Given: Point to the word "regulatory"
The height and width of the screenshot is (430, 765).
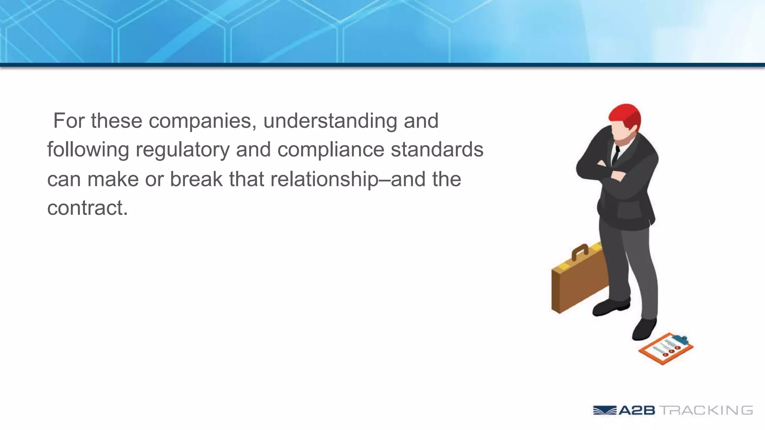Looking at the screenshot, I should click(182, 150).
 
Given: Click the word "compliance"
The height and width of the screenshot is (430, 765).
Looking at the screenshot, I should click(331, 150).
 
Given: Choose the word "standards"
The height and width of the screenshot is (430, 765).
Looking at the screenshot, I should click(437, 150).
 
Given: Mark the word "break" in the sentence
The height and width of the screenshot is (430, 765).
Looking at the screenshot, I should click(196, 179).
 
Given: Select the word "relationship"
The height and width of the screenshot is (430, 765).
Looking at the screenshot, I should click(324, 180).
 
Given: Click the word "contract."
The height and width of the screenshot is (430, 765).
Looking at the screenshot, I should click(87, 208).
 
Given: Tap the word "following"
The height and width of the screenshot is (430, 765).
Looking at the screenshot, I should click(88, 150).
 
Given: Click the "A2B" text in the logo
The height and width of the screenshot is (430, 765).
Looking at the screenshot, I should click(637, 411).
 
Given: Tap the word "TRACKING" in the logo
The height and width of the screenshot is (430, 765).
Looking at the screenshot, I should click(706, 411).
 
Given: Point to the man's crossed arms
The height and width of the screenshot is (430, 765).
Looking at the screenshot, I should click(613, 170).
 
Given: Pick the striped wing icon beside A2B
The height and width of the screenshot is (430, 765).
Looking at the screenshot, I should click(604, 411).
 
